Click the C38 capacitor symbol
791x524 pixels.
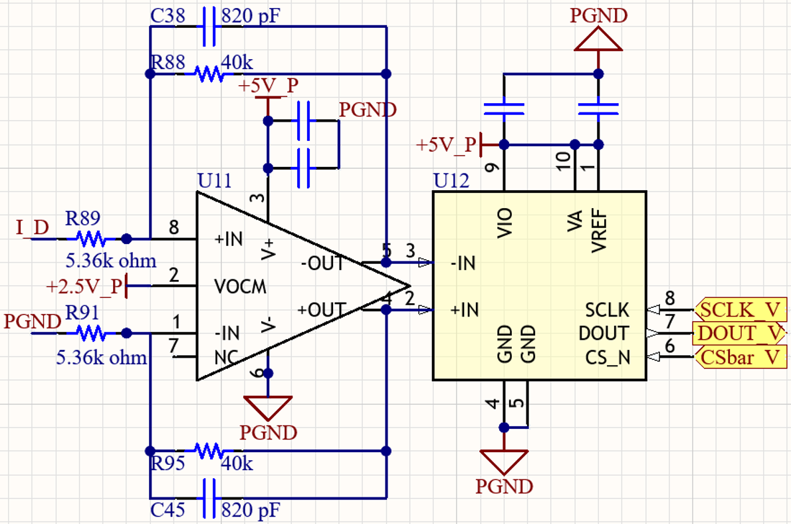(209, 27)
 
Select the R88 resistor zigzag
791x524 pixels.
(210, 73)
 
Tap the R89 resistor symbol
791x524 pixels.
(90, 238)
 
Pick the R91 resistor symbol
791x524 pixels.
(90, 332)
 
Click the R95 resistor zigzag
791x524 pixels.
(210, 451)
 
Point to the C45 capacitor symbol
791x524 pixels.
(209, 498)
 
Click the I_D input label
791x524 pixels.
(32, 227)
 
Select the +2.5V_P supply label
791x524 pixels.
(84, 287)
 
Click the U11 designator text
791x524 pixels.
(215, 181)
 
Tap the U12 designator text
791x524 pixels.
(451, 181)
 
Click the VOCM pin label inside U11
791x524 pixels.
(240, 287)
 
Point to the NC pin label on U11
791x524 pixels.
(225, 356)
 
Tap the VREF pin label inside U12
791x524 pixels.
(598, 229)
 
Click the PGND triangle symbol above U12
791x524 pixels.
(598, 39)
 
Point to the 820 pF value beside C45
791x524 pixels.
(250, 511)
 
